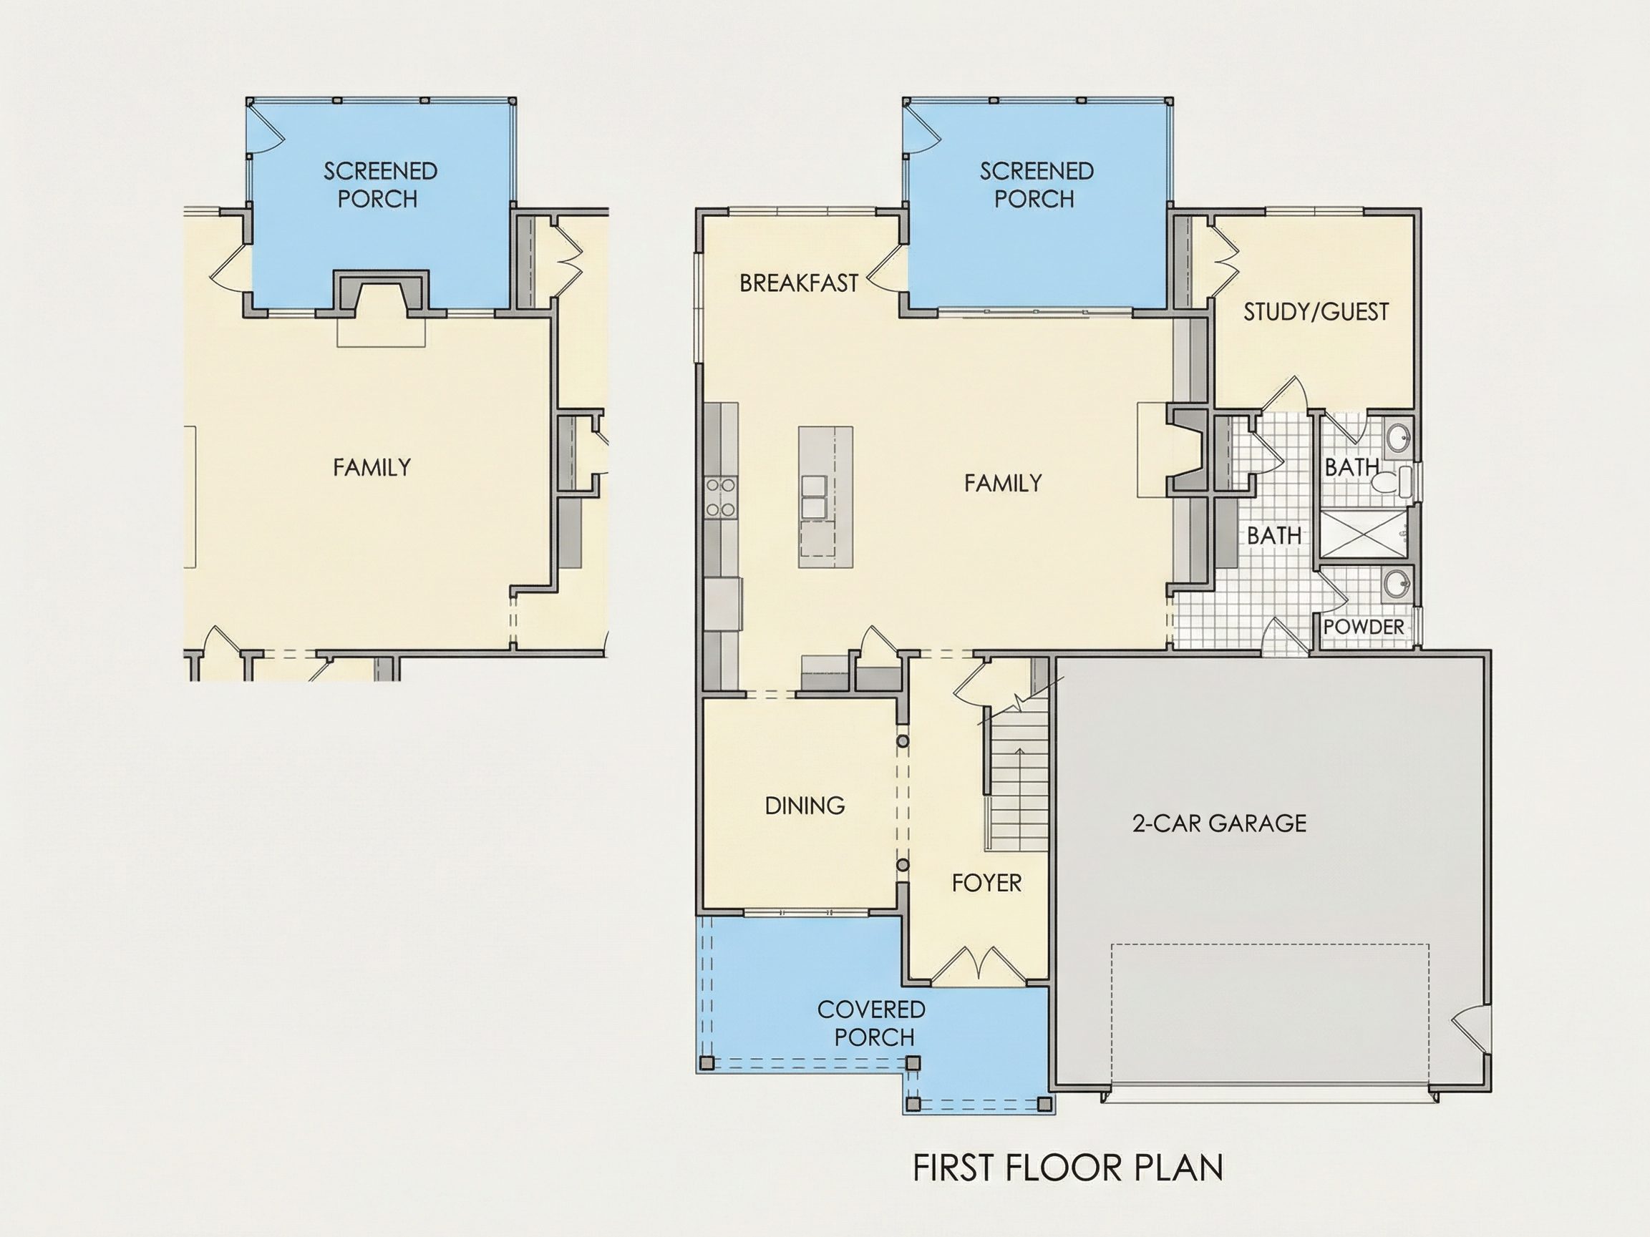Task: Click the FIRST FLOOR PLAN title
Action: [1067, 1168]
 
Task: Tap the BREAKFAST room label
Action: [799, 283]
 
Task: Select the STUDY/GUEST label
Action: [1316, 312]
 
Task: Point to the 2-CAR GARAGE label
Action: [1220, 823]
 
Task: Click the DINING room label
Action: [805, 806]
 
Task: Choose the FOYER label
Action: [986, 883]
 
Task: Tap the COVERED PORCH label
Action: [872, 1023]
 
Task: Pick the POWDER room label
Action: [1364, 627]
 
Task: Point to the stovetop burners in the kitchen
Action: [721, 497]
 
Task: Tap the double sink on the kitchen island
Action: [814, 497]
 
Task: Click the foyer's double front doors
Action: [978, 964]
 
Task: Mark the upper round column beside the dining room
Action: [903, 741]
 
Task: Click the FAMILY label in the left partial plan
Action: [372, 467]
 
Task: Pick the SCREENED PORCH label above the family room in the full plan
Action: [1036, 185]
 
